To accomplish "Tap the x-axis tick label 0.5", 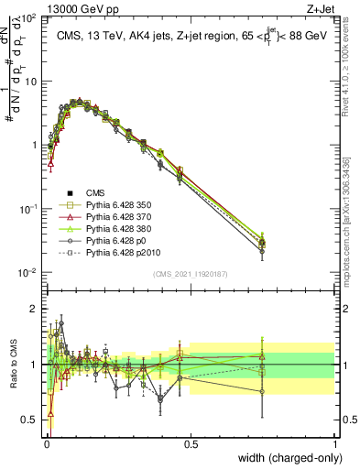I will click(x=191, y=443).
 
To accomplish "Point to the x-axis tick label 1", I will click(x=334, y=443).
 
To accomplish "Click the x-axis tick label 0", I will click(x=46, y=443).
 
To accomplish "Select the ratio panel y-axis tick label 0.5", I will click(x=28, y=420).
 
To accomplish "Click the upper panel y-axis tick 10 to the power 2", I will click(x=29, y=18).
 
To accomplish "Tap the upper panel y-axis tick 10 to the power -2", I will click(x=29, y=273).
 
